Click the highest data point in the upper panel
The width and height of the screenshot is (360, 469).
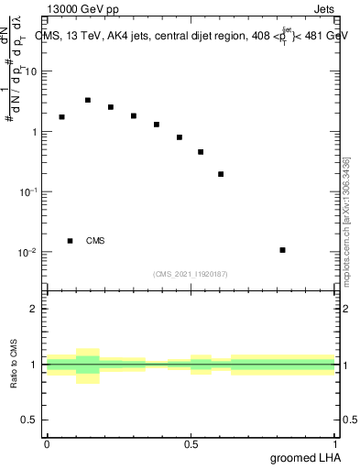click(x=88, y=100)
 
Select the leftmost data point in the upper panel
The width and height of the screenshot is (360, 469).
click(x=61, y=117)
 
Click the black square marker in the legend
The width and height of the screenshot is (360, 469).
click(x=70, y=241)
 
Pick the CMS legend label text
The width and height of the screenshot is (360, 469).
click(x=95, y=241)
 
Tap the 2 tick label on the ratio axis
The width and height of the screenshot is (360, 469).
click(x=35, y=309)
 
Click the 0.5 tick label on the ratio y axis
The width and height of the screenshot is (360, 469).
click(x=30, y=420)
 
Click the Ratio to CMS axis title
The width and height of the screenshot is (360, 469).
click(x=14, y=364)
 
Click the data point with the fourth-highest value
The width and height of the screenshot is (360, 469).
click(x=61, y=117)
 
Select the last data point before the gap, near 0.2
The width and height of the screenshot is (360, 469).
click(x=221, y=174)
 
